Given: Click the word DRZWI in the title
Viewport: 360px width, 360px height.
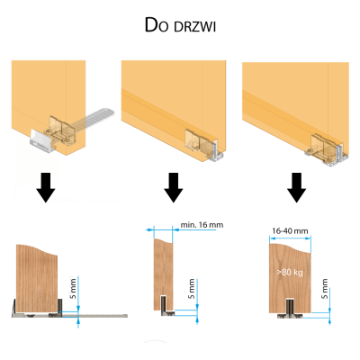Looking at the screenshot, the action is tap(194, 27).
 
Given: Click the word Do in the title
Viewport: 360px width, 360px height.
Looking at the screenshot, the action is tap(156, 25).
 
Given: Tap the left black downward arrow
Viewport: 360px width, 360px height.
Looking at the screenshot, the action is tap(46, 187).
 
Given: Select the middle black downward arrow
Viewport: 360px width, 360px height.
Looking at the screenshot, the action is tap(174, 187).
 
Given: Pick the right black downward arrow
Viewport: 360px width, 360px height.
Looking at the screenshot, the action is tap(296, 187).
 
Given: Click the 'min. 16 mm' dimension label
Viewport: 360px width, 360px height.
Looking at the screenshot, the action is tap(202, 225).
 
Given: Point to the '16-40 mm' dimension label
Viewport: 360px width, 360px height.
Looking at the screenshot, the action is tap(290, 231).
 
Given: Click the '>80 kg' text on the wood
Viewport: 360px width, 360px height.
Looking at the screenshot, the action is tap(290, 273).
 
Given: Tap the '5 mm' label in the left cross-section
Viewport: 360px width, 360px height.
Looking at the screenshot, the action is tap(73, 288).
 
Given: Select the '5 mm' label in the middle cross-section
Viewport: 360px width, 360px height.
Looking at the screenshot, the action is tap(192, 289).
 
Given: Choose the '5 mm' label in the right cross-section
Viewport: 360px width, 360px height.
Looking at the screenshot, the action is tap(325, 289).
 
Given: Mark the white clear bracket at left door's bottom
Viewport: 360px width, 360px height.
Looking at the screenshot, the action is tap(42, 140).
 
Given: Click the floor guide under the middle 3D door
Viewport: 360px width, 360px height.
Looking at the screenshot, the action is tap(217, 152).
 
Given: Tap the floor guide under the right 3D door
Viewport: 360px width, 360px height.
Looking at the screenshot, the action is tap(327, 156).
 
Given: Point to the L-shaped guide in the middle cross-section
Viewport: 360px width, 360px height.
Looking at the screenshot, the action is tap(166, 309).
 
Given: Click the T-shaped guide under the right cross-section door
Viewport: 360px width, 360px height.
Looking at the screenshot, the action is tap(290, 309).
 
